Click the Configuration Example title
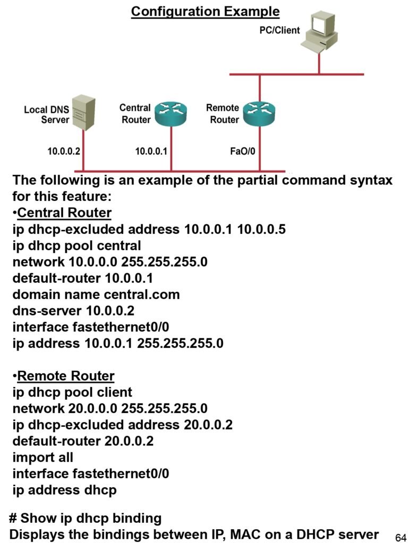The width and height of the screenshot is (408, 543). [x=205, y=11]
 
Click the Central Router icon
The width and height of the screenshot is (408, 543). [x=171, y=113]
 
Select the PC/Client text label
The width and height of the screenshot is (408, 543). [x=279, y=30]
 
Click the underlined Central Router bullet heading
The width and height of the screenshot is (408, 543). [x=64, y=213]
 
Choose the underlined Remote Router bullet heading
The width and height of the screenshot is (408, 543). [x=66, y=376]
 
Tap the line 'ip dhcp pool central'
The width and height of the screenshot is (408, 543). [x=77, y=246]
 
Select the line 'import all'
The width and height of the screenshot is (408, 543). [x=43, y=457]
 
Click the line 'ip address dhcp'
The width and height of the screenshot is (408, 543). [x=64, y=489]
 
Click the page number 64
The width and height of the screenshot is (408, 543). [x=401, y=537]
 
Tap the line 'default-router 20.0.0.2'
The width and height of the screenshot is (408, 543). [x=83, y=441]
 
